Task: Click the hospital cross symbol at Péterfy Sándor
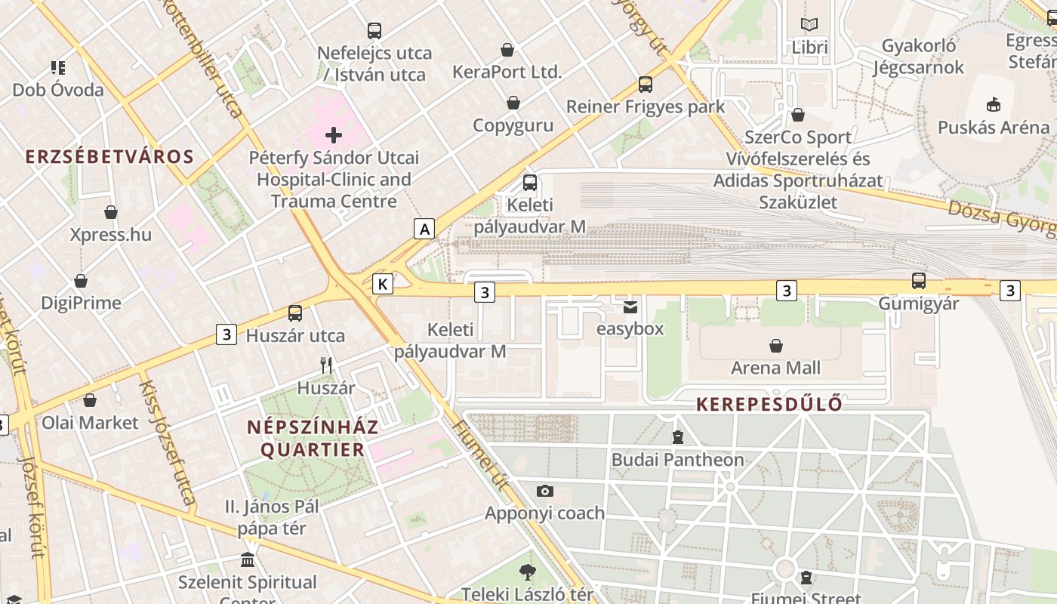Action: [x=333, y=136]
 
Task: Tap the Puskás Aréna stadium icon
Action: [x=994, y=105]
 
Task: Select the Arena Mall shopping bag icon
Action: [x=775, y=346]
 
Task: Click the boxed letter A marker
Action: [x=425, y=228]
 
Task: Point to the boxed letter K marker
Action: [x=384, y=284]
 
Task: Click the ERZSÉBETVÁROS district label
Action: [x=109, y=156]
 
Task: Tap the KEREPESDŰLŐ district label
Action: [x=769, y=404]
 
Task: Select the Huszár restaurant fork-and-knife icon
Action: [x=326, y=365]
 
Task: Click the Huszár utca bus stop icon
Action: [x=295, y=313]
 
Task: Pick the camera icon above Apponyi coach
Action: [x=544, y=491]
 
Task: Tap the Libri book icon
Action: [x=809, y=25]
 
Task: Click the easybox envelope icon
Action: [x=630, y=307]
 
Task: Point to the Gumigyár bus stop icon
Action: [x=918, y=281]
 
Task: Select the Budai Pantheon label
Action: [x=677, y=459]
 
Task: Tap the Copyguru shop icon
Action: [x=513, y=103]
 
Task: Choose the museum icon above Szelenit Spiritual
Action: [x=247, y=560]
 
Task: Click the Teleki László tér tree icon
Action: [x=528, y=572]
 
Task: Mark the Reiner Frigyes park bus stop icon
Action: [x=645, y=84]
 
